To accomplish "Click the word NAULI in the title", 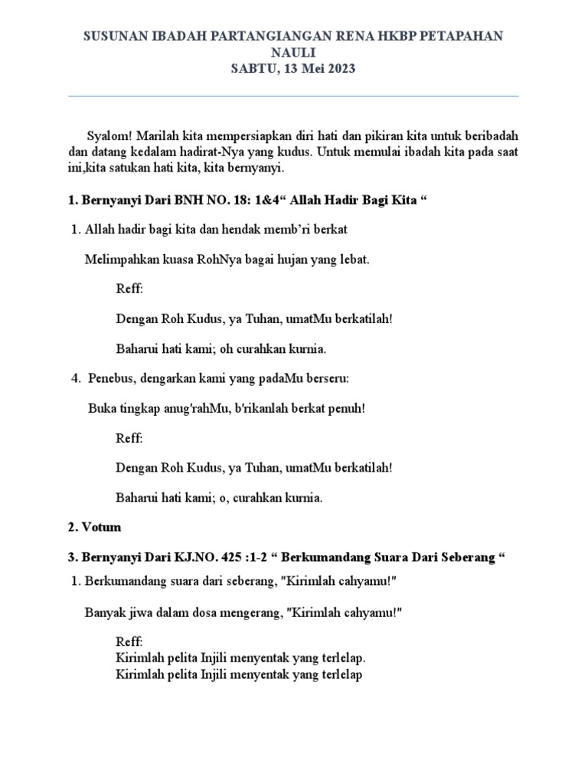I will coord(293,52).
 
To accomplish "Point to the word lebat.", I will coord(354,259).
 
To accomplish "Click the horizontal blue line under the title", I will coord(294,96).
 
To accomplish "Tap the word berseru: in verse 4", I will coord(325,378).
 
